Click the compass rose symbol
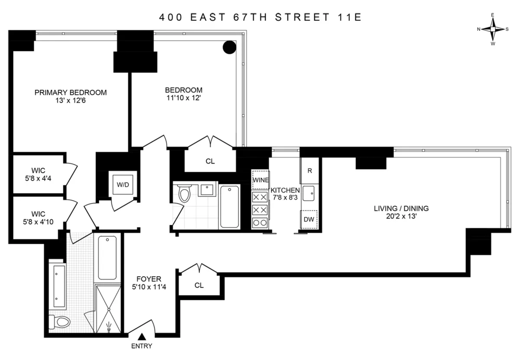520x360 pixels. click(x=493, y=29)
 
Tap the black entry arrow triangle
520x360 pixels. click(x=142, y=337)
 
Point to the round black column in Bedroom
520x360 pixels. click(x=229, y=47)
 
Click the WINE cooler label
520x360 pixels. click(x=261, y=180)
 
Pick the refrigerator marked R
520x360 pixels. click(x=309, y=170)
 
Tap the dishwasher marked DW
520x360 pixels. click(x=309, y=219)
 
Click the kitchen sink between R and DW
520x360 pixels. click(x=309, y=193)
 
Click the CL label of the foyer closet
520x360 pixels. click(x=199, y=285)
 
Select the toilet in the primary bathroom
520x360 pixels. click(x=60, y=322)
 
